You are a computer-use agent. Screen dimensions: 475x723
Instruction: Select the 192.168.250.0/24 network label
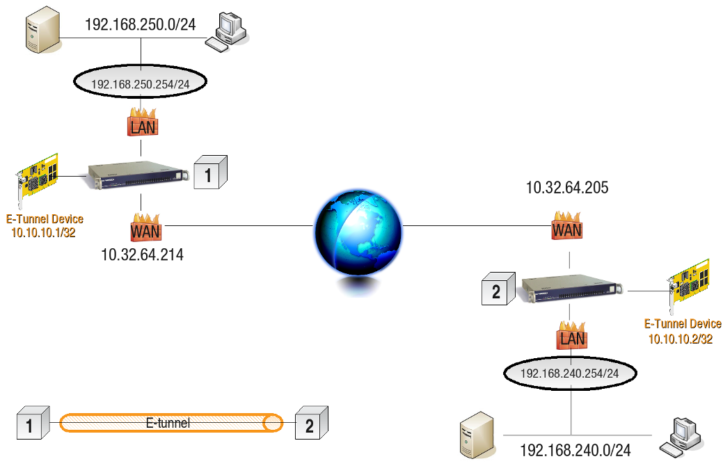[140, 25]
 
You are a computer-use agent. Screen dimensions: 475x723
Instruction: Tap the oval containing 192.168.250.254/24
[141, 83]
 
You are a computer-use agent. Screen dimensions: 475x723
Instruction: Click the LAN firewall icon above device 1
[142, 123]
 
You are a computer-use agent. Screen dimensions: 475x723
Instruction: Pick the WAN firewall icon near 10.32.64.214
[145, 227]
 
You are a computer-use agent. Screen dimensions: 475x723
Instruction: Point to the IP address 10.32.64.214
[142, 255]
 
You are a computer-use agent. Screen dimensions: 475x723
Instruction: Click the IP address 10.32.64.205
[567, 187]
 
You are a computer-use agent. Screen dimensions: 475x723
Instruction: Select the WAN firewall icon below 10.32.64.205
[568, 225]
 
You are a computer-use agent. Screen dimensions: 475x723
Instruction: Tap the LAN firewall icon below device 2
[571, 336]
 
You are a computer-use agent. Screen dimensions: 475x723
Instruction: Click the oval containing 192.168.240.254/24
[570, 373]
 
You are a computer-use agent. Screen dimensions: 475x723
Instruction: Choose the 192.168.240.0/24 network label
[575, 451]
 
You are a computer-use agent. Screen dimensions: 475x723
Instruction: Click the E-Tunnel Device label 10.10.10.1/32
[45, 226]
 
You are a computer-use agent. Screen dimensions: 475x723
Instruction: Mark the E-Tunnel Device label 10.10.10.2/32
[682, 332]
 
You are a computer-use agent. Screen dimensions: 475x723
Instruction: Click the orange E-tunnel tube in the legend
[171, 423]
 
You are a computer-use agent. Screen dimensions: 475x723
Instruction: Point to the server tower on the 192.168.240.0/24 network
[477, 435]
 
